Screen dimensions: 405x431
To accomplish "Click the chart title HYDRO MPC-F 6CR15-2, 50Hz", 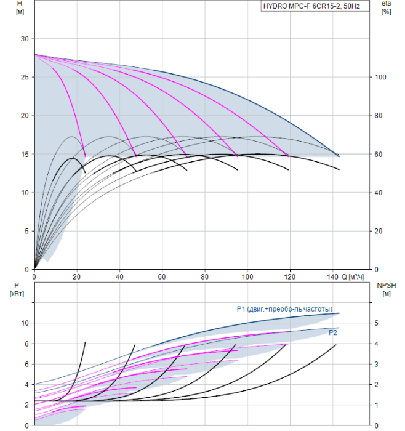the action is pyautogui.click(x=311, y=6).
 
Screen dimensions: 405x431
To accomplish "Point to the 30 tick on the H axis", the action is pyautogui.click(x=25, y=39).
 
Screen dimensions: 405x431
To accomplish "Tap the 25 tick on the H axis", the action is pyautogui.click(x=25, y=77).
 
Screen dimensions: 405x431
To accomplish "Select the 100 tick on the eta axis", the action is pyautogui.click(x=380, y=77).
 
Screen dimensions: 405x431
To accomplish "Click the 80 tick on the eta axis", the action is pyautogui.click(x=379, y=116).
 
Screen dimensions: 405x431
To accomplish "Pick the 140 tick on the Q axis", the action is pyautogui.click(x=332, y=276).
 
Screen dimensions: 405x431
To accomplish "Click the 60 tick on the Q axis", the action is pyautogui.click(x=162, y=276).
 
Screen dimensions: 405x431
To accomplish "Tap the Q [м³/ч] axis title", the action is pyautogui.click(x=353, y=277).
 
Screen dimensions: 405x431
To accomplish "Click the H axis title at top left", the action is pyautogui.click(x=20, y=7).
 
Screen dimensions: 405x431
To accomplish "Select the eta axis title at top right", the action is pyautogui.click(x=387, y=7).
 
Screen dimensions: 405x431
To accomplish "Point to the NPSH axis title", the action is pyautogui.click(x=387, y=289).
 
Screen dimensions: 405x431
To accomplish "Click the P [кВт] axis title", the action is pyautogui.click(x=17, y=289).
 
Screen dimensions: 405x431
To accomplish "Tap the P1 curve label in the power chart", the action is pyautogui.click(x=284, y=309).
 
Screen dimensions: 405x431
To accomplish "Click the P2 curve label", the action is pyautogui.click(x=333, y=333).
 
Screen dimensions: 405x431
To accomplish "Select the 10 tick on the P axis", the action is pyautogui.click(x=25, y=323).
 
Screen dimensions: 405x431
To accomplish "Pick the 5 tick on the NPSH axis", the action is pyautogui.click(x=377, y=323).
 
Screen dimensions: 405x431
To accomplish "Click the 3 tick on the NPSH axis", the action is pyautogui.click(x=377, y=365).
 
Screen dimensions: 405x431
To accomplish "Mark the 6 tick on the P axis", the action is pyautogui.click(x=26, y=365).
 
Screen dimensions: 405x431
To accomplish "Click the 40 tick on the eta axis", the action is pyautogui.click(x=379, y=193).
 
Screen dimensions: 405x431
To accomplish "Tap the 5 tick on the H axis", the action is pyautogui.click(x=26, y=232).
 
